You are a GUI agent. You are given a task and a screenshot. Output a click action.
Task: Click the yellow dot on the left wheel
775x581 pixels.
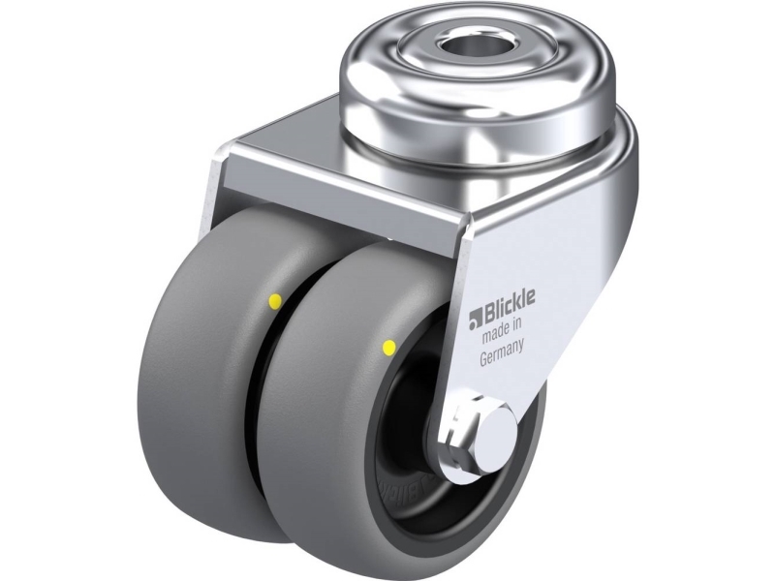coord(274,301)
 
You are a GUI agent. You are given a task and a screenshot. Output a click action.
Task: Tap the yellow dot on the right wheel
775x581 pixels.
coord(388,345)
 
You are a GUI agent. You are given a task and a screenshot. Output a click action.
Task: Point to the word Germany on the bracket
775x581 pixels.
coord(503,357)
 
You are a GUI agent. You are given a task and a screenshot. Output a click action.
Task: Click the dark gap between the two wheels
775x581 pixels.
coord(254,387)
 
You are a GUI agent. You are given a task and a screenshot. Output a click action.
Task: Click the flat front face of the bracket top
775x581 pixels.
coord(339,194)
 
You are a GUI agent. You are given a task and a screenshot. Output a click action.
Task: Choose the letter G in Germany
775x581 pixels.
coord(484,360)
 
